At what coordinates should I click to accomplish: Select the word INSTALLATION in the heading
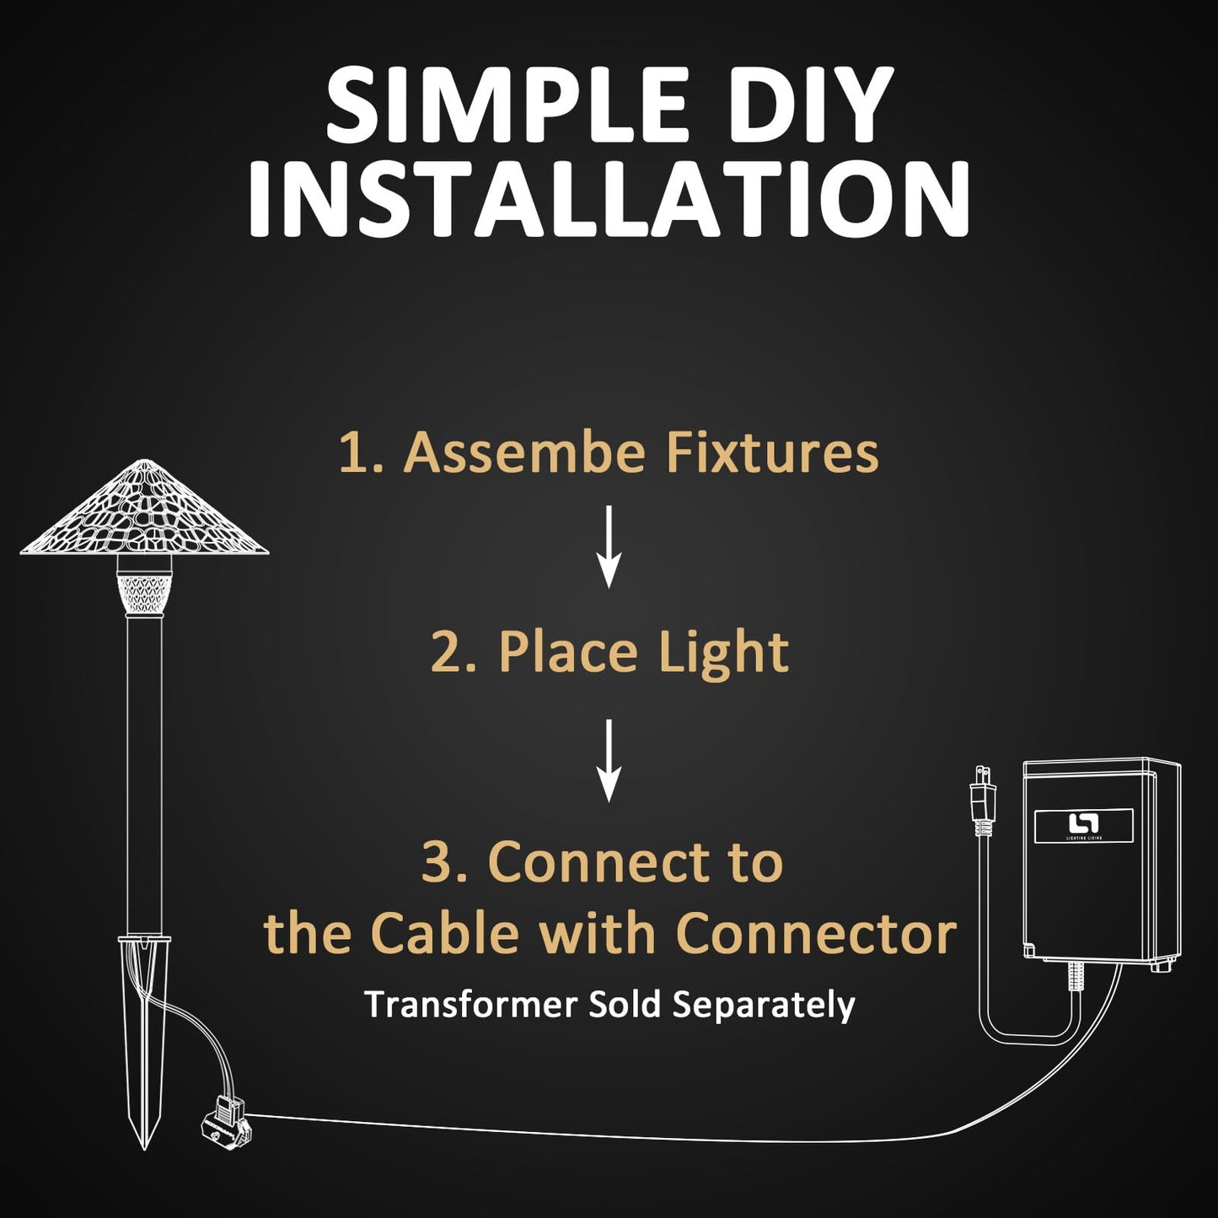click(609, 197)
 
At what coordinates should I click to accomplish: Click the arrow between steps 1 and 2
click(609, 547)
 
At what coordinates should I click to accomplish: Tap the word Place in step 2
click(567, 652)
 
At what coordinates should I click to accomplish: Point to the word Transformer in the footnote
click(471, 1005)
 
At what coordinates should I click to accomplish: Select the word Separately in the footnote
click(764, 1006)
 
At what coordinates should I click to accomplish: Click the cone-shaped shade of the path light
click(144, 509)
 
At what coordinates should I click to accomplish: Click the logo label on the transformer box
click(1083, 825)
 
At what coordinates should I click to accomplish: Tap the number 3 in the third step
click(437, 863)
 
